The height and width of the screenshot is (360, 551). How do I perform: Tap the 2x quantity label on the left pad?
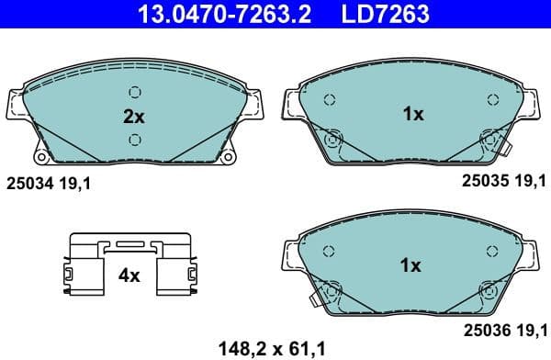135,117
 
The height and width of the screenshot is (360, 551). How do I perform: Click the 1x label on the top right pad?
411,114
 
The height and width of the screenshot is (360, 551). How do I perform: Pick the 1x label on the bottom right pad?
411,266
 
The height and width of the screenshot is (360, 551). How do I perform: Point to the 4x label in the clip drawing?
128,275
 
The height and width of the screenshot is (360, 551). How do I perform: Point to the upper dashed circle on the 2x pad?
135,91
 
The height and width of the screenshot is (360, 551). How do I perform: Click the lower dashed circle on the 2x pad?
135,139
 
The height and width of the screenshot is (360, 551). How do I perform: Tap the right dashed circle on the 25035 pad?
492,99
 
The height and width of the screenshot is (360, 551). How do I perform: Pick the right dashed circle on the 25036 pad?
492,251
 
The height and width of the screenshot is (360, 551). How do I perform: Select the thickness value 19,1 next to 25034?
79,184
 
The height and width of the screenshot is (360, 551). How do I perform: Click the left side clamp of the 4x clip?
69,275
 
